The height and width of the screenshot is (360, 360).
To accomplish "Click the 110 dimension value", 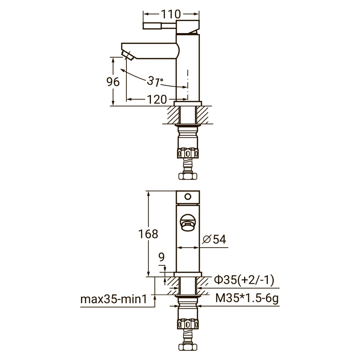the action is pyautogui.click(x=171, y=14).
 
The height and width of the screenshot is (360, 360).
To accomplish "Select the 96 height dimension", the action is pyautogui.click(x=113, y=82).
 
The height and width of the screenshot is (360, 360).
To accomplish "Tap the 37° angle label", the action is pyautogui.click(x=155, y=81).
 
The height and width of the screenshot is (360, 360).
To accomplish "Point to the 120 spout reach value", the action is pyautogui.click(x=157, y=99).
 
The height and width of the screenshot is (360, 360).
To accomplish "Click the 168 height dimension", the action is pyautogui.click(x=148, y=234).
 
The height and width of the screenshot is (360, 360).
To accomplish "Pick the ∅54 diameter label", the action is pyautogui.click(x=214, y=239).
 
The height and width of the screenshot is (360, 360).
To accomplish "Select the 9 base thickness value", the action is pyautogui.click(x=162, y=257).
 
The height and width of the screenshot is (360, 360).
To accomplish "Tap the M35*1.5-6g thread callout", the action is pyautogui.click(x=247, y=298).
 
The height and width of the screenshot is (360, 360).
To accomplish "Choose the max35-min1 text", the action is pyautogui.click(x=113, y=300).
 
